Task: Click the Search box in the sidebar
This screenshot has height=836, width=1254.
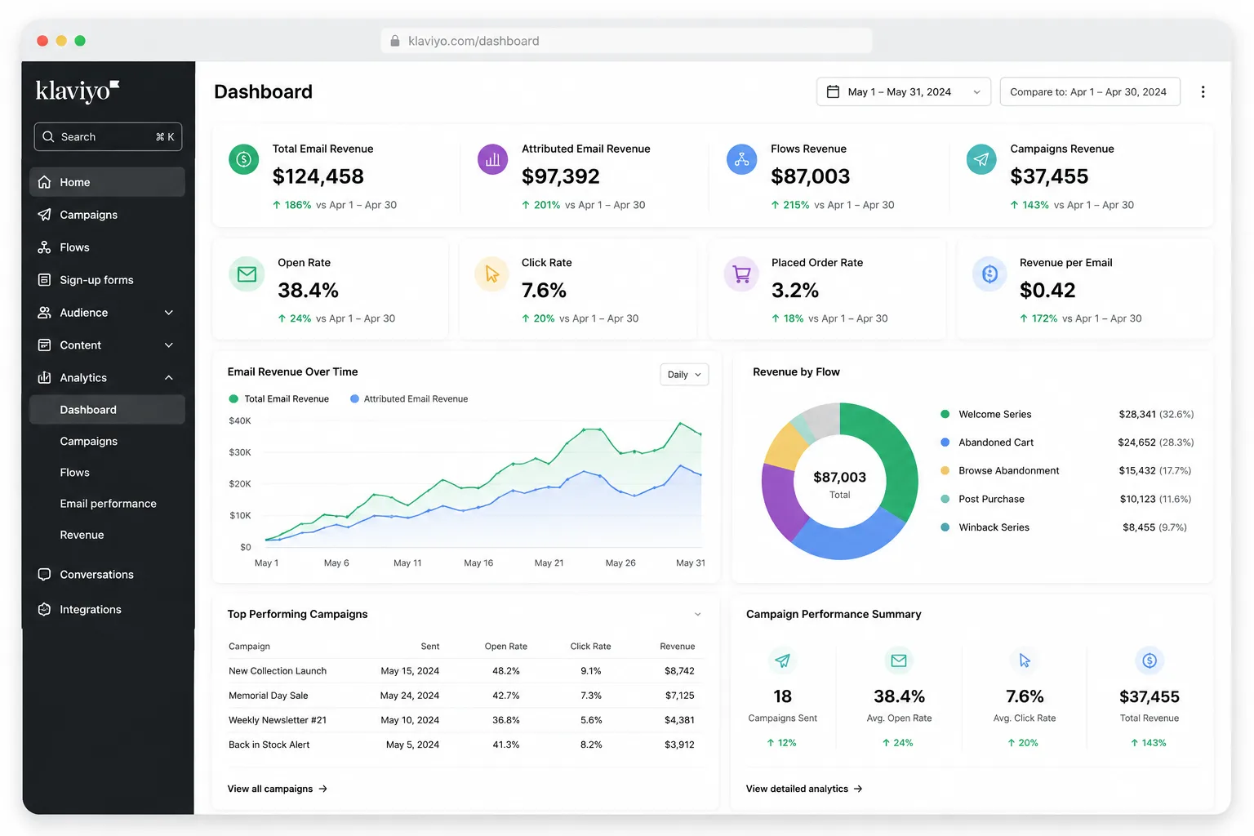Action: pyautogui.click(x=108, y=136)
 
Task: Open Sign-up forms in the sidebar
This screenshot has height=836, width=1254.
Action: pyautogui.click(x=96, y=280)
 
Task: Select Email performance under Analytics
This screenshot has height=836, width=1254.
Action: pyautogui.click(x=108, y=504)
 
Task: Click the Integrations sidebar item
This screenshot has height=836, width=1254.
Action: pyautogui.click(x=90, y=609)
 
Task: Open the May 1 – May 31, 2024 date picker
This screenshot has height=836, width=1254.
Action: pyautogui.click(x=903, y=91)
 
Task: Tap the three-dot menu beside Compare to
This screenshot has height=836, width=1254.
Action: pyautogui.click(x=1203, y=91)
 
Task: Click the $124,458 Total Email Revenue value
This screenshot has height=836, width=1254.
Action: pyautogui.click(x=318, y=176)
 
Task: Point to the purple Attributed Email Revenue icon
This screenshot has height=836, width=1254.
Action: pyautogui.click(x=492, y=159)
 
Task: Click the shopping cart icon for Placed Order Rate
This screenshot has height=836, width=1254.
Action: pyautogui.click(x=741, y=274)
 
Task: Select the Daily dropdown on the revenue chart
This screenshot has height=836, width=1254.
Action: pyautogui.click(x=684, y=375)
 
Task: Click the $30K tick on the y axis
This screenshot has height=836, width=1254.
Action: pyautogui.click(x=239, y=451)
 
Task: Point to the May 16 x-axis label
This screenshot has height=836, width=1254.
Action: pyautogui.click(x=478, y=563)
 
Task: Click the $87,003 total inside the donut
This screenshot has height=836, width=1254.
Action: pyautogui.click(x=839, y=477)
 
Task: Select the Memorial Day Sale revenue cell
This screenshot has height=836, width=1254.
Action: pyautogui.click(x=679, y=696)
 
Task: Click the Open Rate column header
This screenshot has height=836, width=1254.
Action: pyautogui.click(x=505, y=646)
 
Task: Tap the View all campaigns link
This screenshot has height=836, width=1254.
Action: pyautogui.click(x=277, y=789)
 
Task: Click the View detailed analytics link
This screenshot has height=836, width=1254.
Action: pyautogui.click(x=804, y=789)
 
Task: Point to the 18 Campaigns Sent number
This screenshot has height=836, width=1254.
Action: pyautogui.click(x=782, y=696)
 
